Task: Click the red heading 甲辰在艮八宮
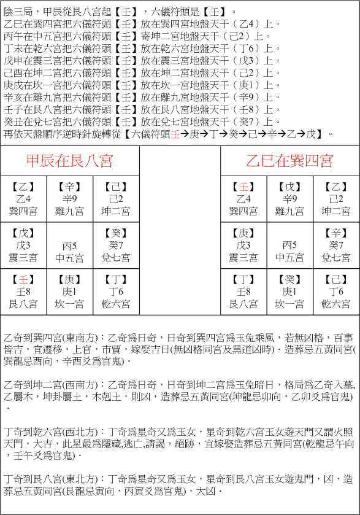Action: coord(70,161)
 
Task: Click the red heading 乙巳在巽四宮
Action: coord(289,161)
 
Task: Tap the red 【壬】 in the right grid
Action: coord(244,187)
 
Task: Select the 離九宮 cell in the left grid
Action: coord(70,211)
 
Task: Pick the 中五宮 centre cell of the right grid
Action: coord(289,257)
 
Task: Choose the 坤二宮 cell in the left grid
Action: coord(116,211)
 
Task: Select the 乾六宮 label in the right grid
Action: coord(336,304)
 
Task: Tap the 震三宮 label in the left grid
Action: coord(24,257)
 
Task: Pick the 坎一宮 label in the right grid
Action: coord(289,304)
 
